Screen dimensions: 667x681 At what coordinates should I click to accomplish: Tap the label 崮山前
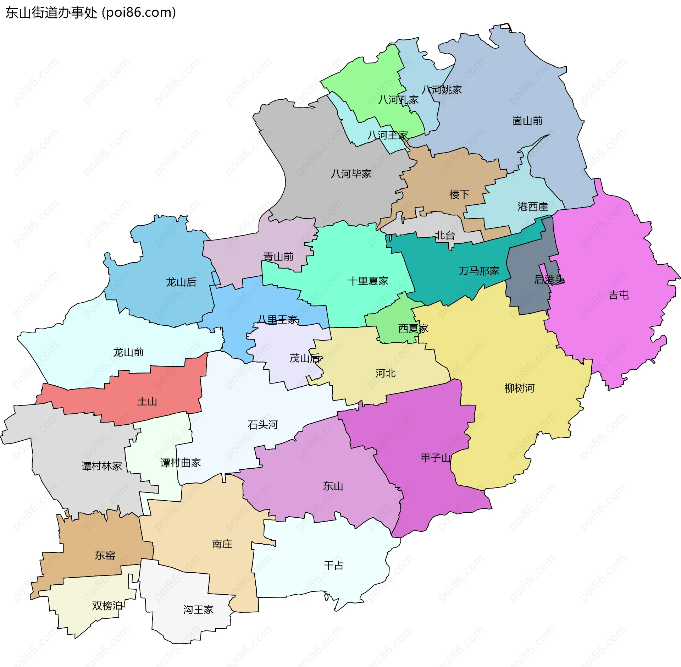(527, 121)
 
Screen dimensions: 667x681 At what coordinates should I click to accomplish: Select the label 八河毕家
(351, 174)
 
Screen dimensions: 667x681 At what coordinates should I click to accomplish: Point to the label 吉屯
(619, 295)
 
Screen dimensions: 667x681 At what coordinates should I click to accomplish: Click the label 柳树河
(519, 388)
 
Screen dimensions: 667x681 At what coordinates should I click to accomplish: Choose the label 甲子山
(436, 458)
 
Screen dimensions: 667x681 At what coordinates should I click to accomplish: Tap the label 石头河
(262, 425)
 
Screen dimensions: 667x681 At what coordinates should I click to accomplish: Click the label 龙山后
(181, 282)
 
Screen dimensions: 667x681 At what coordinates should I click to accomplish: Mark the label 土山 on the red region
(147, 402)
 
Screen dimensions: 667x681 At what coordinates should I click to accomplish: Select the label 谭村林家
(101, 466)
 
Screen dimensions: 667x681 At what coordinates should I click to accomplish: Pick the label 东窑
(105, 555)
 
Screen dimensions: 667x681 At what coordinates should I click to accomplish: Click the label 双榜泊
(107, 606)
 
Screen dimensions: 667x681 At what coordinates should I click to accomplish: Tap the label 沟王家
(198, 610)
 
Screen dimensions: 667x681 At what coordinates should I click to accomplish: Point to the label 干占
(333, 566)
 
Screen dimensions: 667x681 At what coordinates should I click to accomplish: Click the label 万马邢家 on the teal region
(479, 271)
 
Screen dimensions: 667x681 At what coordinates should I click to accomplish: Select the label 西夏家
(413, 329)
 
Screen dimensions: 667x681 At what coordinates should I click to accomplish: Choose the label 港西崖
(532, 207)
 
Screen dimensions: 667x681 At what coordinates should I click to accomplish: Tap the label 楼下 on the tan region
(459, 194)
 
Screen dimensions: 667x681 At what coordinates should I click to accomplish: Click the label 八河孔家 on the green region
(398, 100)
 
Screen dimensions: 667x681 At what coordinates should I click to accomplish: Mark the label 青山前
(278, 257)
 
